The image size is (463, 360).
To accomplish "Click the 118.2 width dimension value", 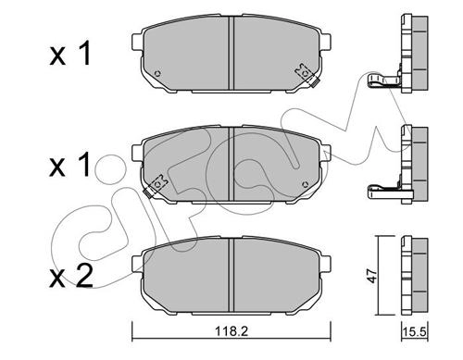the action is point(231,331).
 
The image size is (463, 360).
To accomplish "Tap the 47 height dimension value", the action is point(373,276).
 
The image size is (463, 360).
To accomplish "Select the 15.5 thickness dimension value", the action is point(414,332).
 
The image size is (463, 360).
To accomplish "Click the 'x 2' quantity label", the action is point(71,276).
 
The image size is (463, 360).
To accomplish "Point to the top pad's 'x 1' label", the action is point(70,53).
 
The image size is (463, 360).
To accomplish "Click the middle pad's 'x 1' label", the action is point(70,164).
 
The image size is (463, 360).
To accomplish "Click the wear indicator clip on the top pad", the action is point(307,76).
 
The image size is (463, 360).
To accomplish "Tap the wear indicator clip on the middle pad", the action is point(156,186).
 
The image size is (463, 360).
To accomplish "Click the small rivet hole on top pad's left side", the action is point(157,74).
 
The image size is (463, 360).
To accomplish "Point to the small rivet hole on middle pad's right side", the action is point(306,184).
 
